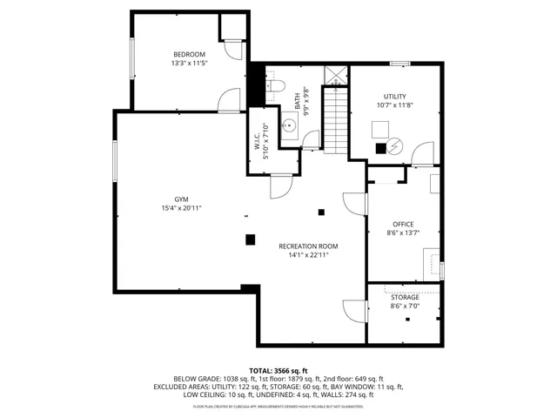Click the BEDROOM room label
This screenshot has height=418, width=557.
pyautogui.click(x=188, y=54)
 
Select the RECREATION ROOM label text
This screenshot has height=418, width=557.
pyautogui.click(x=308, y=246)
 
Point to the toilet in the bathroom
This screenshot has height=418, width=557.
pyautogui.click(x=276, y=85)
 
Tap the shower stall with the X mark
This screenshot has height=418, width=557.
pyautogui.click(x=334, y=75)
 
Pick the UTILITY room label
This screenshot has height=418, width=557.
pyautogui.click(x=395, y=96)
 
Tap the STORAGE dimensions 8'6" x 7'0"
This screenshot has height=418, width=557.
pyautogui.click(x=404, y=307)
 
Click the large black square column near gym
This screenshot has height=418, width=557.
pyautogui.click(x=250, y=239)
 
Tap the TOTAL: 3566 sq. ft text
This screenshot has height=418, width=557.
pyautogui.click(x=278, y=370)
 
